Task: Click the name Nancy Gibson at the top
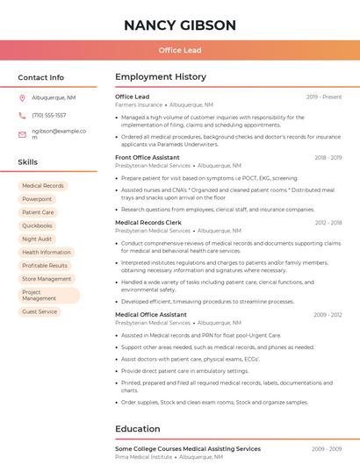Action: tap(180, 25)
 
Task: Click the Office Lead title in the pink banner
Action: tap(180, 51)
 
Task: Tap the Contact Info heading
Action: tap(41, 77)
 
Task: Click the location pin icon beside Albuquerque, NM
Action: tap(22, 98)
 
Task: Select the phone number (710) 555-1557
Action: tap(49, 116)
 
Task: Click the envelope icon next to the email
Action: tap(22, 134)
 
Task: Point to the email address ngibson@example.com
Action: tap(58, 134)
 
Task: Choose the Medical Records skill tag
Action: tap(43, 186)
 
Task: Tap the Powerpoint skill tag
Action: tap(37, 199)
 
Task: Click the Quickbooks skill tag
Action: tap(38, 225)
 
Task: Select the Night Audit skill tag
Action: tap(37, 239)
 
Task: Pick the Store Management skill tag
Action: tap(47, 279)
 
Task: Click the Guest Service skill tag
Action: tap(40, 311)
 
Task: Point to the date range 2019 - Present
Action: tap(324, 97)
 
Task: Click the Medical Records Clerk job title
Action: tap(148, 223)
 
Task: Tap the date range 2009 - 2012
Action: tap(328, 314)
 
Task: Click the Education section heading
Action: tap(137, 429)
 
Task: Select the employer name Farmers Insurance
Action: tap(139, 104)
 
